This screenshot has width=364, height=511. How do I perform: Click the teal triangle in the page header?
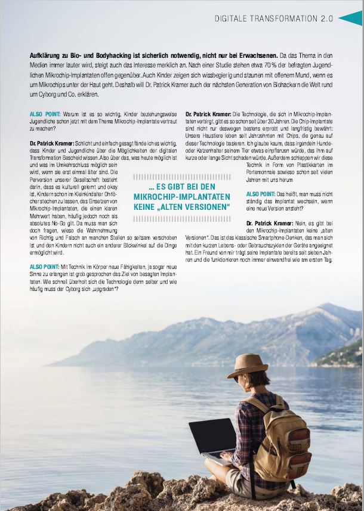tap(351, 18)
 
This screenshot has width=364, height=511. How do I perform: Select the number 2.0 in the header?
tap(326, 19)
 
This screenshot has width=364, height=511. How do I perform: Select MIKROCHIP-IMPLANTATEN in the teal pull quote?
tap(182, 197)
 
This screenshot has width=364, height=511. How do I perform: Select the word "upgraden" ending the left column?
tap(103, 289)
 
